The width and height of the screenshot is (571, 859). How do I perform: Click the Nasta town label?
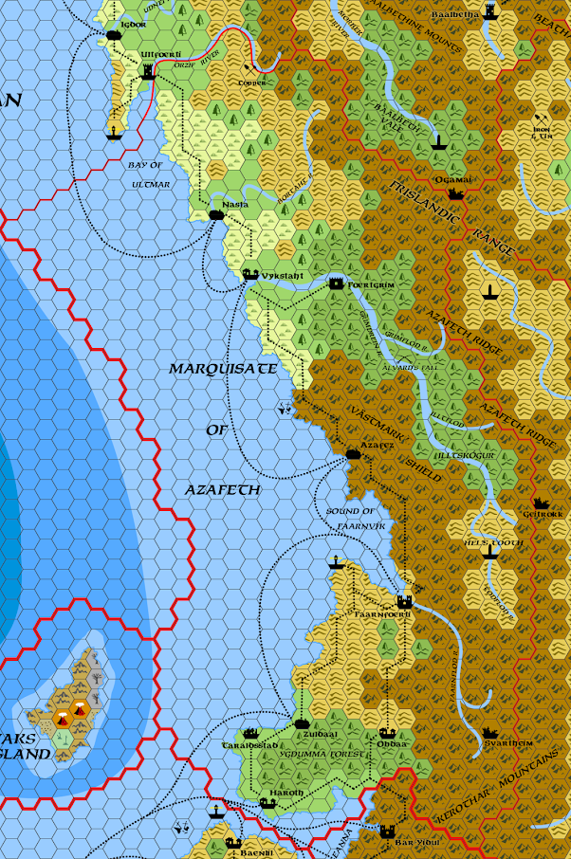235,205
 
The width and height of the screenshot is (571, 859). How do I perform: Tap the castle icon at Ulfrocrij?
147,72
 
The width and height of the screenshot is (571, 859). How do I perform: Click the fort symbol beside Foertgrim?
336,283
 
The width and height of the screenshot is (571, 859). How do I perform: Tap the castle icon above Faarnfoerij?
404,601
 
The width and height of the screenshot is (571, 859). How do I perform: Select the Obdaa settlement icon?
386,733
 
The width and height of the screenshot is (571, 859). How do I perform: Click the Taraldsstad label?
250,745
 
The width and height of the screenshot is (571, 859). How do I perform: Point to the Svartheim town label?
503,744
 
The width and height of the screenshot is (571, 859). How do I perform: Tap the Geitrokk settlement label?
543,515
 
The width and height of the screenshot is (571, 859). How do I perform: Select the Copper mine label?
252,82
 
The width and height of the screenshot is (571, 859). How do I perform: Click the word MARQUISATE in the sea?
223,368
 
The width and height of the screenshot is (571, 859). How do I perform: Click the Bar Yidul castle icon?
386,831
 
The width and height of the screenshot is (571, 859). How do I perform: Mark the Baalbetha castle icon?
490,10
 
